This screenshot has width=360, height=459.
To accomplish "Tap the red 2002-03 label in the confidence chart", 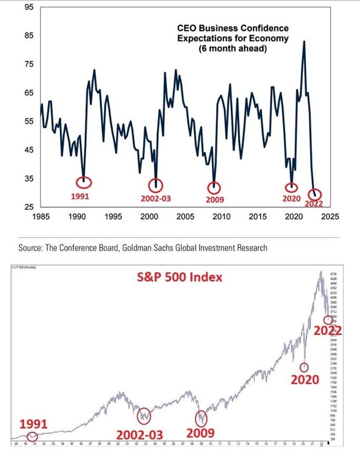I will pyautogui.click(x=155, y=198).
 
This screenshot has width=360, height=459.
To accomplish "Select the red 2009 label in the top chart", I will pyautogui.click(x=215, y=200).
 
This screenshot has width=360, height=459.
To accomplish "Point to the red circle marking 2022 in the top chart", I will pyautogui.click(x=315, y=194).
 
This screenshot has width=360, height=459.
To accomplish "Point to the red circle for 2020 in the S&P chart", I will pyautogui.click(x=304, y=367).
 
